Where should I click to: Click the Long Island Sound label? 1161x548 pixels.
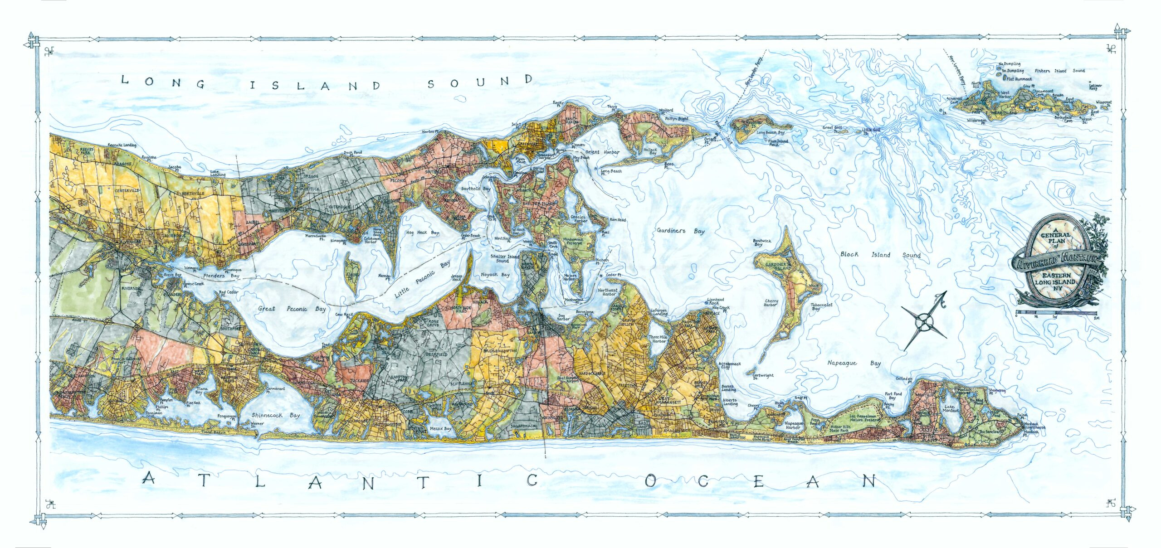point(327,83)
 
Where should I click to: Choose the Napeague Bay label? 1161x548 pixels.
point(860,363)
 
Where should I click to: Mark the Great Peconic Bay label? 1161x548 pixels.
point(292,309)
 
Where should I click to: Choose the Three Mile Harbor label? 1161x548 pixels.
point(659,339)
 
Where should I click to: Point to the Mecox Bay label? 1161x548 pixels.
point(440,428)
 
